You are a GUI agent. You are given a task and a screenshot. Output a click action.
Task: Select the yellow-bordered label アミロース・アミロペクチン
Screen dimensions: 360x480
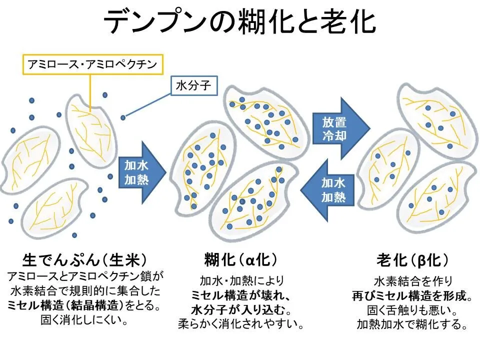coord(92,64)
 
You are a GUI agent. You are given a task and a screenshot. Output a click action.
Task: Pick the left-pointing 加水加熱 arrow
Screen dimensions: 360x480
coord(328,189)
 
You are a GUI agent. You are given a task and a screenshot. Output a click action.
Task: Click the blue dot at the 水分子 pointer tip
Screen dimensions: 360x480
coord(123,117)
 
